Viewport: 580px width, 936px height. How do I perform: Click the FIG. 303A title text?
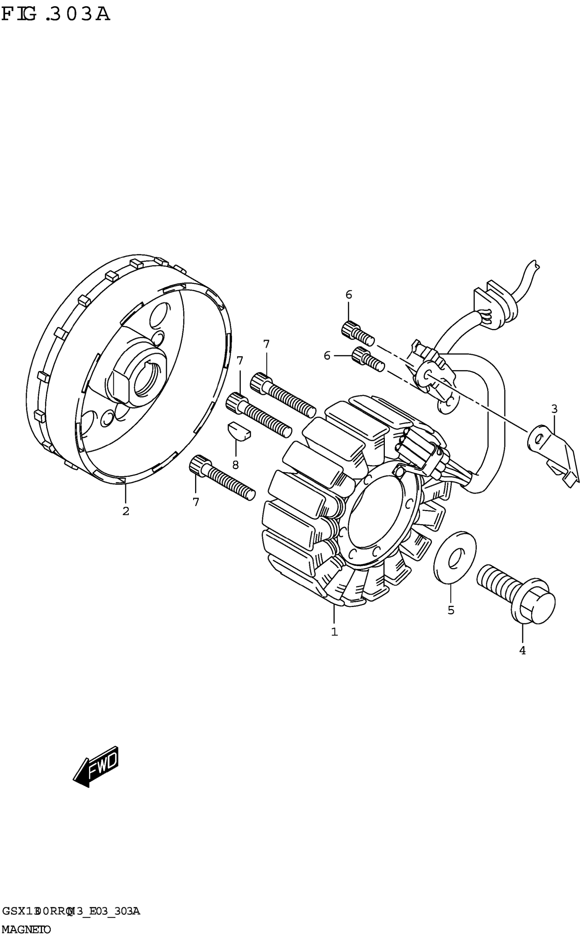pyautogui.click(x=56, y=15)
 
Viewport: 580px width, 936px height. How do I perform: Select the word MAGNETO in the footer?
pyautogui.click(x=26, y=930)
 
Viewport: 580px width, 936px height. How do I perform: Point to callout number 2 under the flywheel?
pyautogui.click(x=126, y=511)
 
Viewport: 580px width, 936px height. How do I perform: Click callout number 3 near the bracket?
pyautogui.click(x=554, y=409)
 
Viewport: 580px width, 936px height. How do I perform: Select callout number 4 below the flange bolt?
pyautogui.click(x=522, y=651)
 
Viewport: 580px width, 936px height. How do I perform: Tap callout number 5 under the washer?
pyautogui.click(x=451, y=610)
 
